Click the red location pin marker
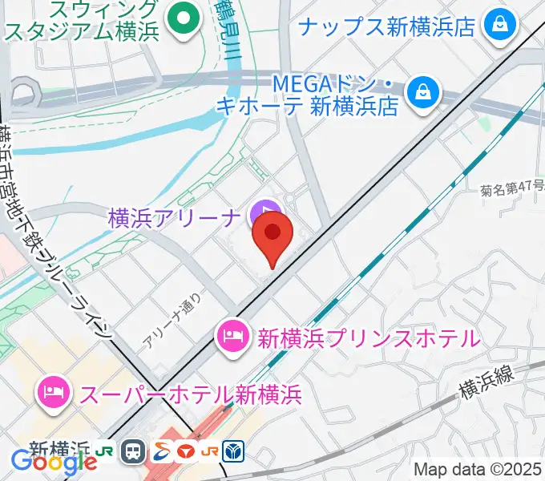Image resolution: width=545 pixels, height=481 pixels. [x=272, y=233]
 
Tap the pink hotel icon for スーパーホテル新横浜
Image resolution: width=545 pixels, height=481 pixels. [x=53, y=393]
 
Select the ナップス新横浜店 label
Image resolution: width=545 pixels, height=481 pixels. [x=387, y=26]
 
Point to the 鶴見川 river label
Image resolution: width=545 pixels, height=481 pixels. [x=228, y=33]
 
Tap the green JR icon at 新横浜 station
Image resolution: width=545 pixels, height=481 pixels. [x=104, y=451]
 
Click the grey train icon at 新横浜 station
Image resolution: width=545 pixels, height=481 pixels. [x=133, y=452]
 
